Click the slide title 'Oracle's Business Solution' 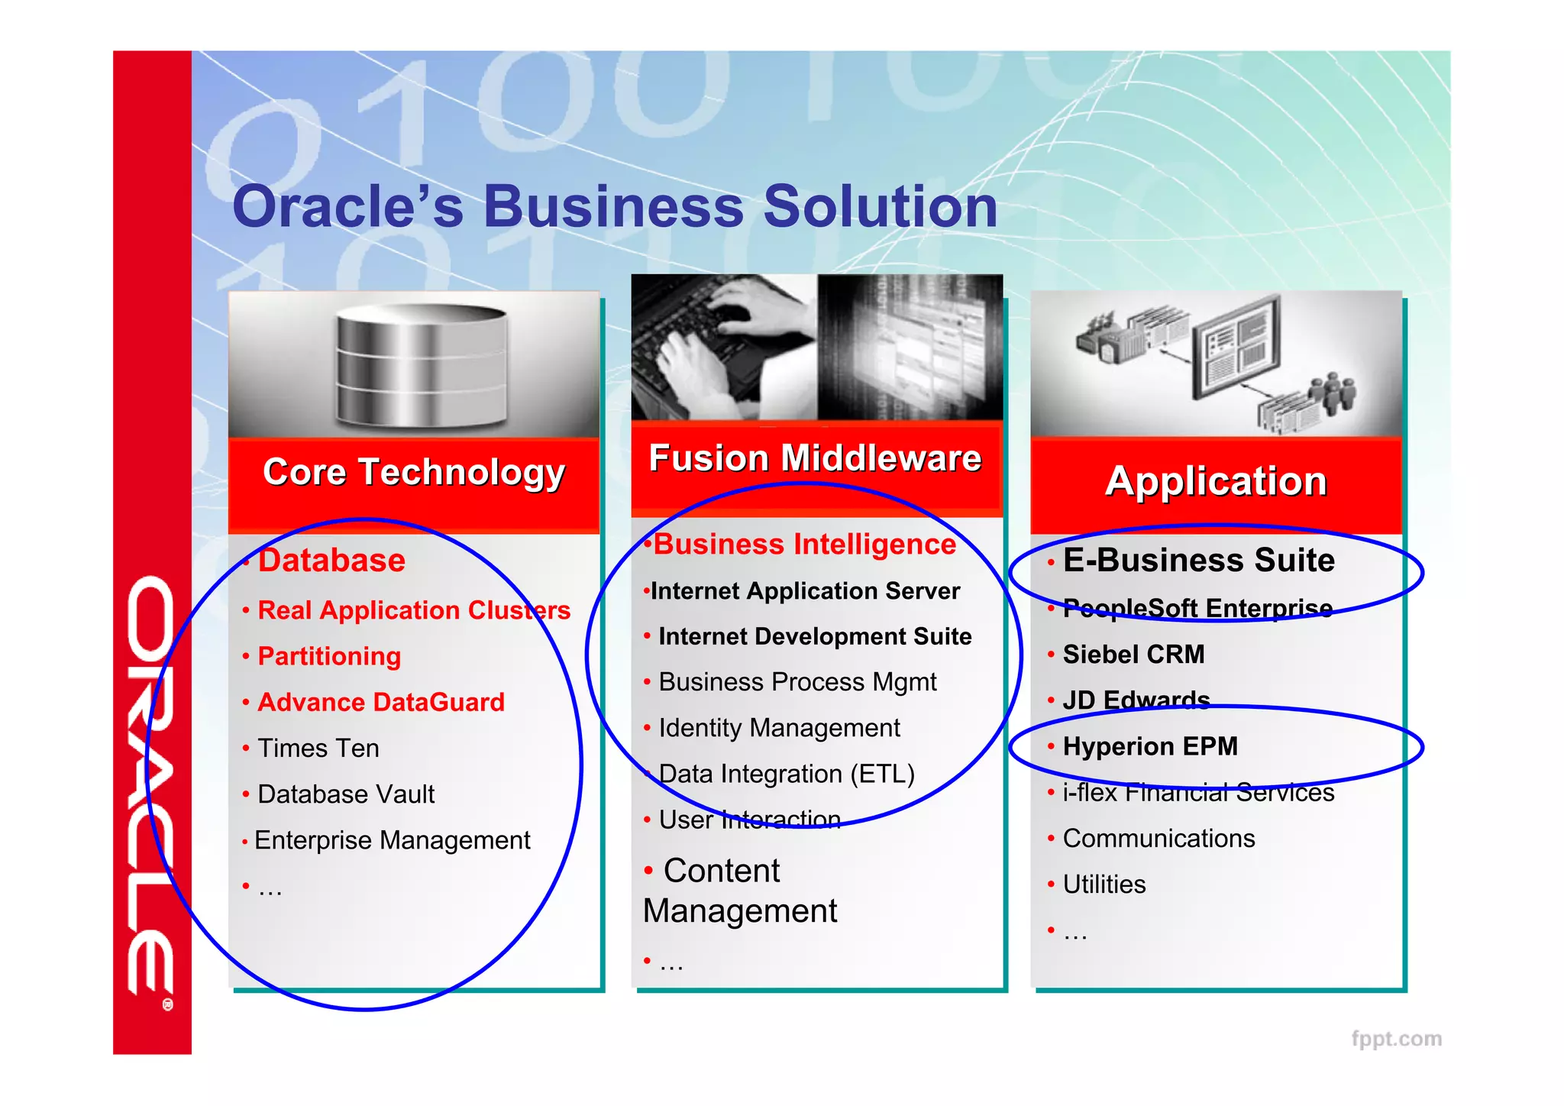(615, 207)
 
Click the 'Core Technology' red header (413, 474)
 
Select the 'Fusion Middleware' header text (815, 459)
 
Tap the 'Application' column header (1216, 482)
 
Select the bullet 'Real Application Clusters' (414, 610)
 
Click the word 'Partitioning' (329, 656)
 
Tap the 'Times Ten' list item (318, 749)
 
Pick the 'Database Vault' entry (346, 794)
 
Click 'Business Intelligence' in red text (804, 545)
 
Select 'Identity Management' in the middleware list (779, 728)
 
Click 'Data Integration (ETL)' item (787, 774)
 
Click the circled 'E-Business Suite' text (1198, 561)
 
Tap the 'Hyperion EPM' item (1150, 746)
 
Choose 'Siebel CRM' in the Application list (1133, 655)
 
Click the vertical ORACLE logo (151, 787)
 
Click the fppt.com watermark (1396, 1039)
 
